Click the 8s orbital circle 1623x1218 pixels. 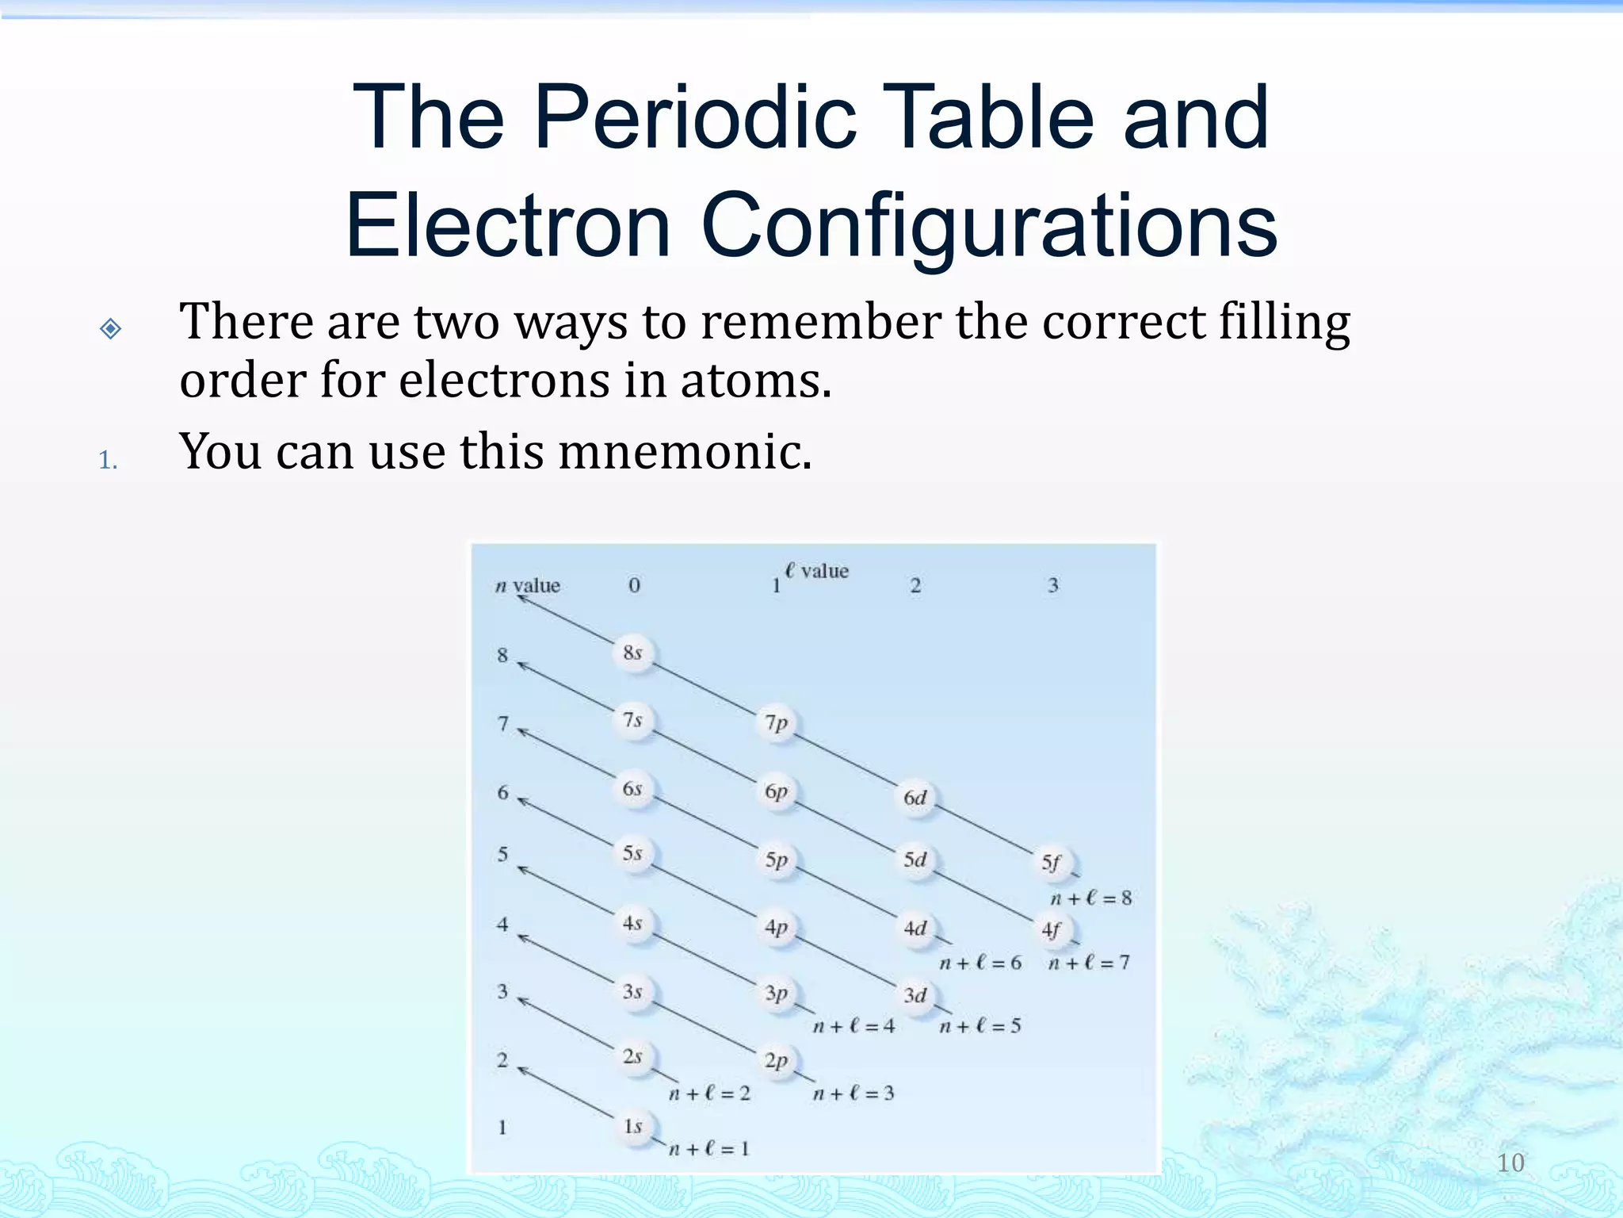(x=632, y=654)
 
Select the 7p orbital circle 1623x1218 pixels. (x=777, y=723)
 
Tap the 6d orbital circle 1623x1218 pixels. (x=915, y=798)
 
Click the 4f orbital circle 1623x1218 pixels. (x=1052, y=930)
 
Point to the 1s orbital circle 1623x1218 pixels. (x=633, y=1127)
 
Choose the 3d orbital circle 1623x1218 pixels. (x=915, y=996)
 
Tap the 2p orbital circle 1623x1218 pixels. (x=777, y=1061)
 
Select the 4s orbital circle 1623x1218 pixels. (x=632, y=924)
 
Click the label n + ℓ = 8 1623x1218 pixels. (x=1090, y=898)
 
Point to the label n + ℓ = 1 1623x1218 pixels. (x=708, y=1149)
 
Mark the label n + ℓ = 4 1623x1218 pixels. (x=854, y=1027)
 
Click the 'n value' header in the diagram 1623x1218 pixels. (x=528, y=586)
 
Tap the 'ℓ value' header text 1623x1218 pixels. (x=817, y=571)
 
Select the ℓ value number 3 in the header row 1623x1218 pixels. (x=1053, y=586)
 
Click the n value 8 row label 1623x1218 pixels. (x=502, y=655)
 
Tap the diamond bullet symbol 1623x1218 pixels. (x=111, y=328)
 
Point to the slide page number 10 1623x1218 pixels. (x=1510, y=1163)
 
